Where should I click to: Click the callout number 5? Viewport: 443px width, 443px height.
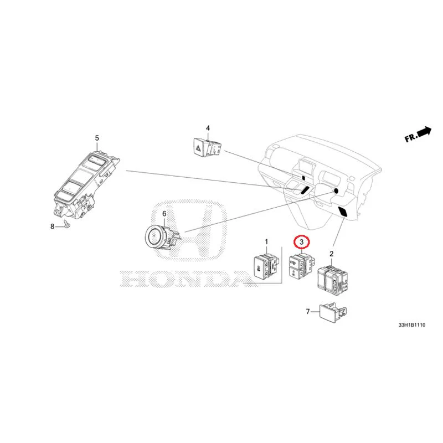pos(97,138)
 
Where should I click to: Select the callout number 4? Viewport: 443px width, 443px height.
pos(208,128)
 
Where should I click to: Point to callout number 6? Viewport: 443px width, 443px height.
pos(164,214)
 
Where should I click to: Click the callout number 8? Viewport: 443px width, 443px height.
pos(53,226)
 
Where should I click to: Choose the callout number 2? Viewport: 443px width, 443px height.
pos(331,254)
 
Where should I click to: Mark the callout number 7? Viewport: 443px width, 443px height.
pos(308,312)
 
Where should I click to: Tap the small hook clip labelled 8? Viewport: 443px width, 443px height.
pos(66,224)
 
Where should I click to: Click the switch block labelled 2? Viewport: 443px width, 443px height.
pos(332,279)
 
